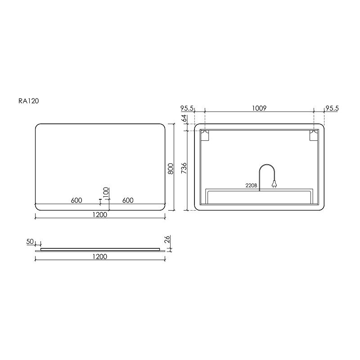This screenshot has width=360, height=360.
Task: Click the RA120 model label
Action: coord(29,101)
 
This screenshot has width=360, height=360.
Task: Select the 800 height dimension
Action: coord(171,169)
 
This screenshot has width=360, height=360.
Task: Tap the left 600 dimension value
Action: coord(76,200)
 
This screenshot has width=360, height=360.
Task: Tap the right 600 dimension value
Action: coord(128,200)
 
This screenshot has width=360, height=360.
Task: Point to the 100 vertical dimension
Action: coord(106,193)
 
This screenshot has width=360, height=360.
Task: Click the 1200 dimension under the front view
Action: coord(100,215)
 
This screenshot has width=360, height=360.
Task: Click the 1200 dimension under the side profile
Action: coord(100,256)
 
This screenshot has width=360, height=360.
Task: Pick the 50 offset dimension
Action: coord(30,242)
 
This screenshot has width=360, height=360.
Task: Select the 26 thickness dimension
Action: coord(167,239)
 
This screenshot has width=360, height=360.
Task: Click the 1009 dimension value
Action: coord(259,108)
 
